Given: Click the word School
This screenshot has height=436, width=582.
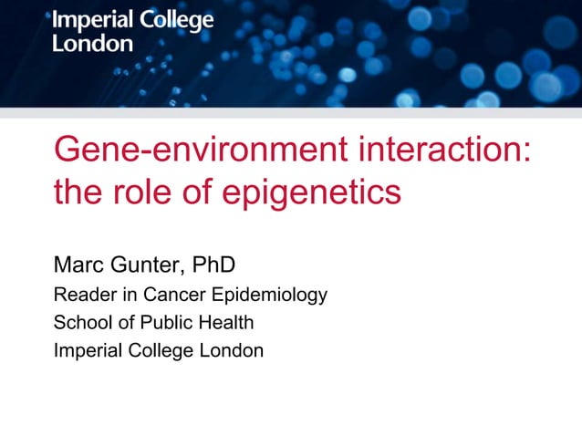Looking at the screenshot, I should tap(79, 322).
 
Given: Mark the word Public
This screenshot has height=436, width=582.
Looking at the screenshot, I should tap(162, 322).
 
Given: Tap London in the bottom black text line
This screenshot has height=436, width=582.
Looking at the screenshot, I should tap(235, 349).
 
